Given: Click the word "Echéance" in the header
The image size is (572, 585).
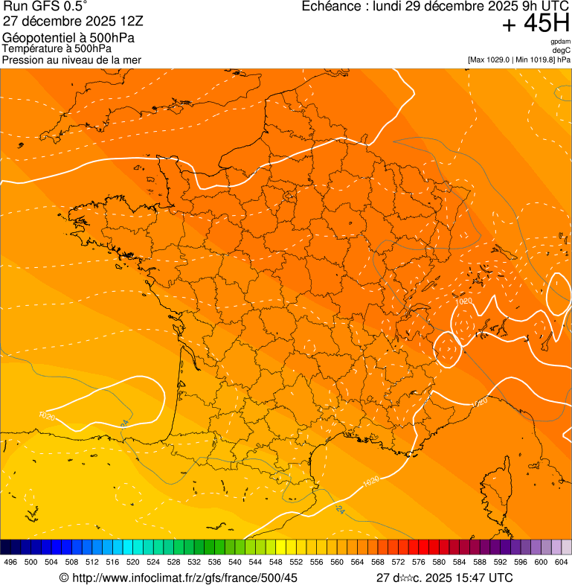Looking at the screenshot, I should coord(332,7).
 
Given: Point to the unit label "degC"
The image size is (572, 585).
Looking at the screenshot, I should coord(562,51).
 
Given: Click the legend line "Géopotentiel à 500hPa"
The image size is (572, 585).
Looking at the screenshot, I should coord(68,38).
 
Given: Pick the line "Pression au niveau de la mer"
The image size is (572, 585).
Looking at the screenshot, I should coord(71,60).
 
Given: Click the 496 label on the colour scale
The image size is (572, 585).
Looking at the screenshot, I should coord(10,563).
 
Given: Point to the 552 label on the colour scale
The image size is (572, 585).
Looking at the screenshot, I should coord(296,563).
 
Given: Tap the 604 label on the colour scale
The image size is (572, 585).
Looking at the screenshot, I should coord(562,563).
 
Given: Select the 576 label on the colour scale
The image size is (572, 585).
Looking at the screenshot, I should coord(419,563).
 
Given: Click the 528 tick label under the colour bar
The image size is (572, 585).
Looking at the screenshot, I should coord(174,563).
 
